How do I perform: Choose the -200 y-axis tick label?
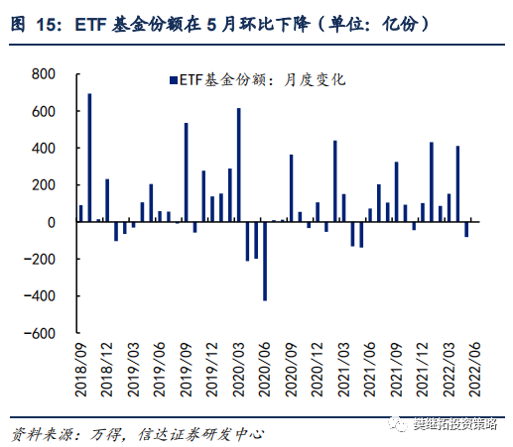coord(42,259)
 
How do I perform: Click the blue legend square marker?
coord(173,79)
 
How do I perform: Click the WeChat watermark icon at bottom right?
coord(396,425)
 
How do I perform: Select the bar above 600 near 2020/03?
coord(238,165)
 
